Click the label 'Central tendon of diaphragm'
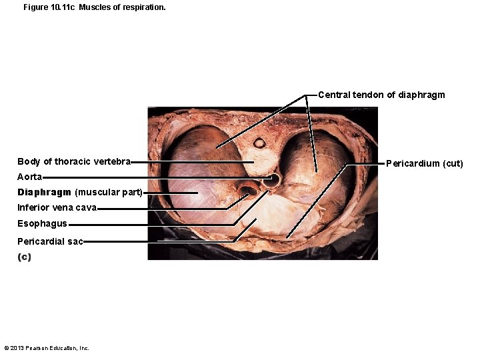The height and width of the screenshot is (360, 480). [381, 95]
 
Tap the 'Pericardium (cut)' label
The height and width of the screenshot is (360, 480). [424, 163]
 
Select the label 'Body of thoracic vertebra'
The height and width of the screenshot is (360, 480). [74, 161]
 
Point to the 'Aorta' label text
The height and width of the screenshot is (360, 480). [30, 177]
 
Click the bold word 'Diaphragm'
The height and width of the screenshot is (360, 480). [45, 192]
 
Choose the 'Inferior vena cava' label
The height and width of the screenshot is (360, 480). [57, 207]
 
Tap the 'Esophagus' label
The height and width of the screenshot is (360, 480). [42, 224]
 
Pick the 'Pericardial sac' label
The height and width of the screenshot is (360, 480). [50, 241]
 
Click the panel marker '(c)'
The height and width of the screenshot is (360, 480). [24, 257]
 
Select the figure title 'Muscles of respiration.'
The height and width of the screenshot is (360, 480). [122, 7]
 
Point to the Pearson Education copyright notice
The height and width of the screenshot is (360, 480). [47, 348]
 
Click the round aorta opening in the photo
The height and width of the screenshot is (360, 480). [271, 180]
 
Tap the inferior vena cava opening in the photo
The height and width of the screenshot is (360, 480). [247, 191]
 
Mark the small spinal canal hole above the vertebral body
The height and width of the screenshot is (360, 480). [259, 143]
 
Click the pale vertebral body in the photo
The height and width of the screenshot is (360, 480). [260, 161]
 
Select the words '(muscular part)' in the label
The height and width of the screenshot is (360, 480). [109, 192]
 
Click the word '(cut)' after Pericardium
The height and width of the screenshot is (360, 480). [453, 163]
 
